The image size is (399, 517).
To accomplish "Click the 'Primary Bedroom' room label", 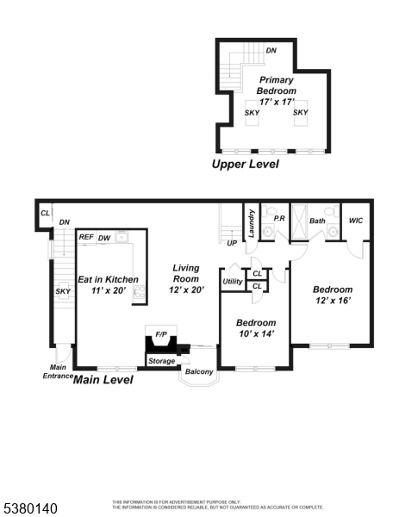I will pyautogui.click(x=277, y=85).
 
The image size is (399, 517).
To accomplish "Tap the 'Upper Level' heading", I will pyautogui.click(x=246, y=164).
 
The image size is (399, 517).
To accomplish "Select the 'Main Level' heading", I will pyautogui.click(x=103, y=378).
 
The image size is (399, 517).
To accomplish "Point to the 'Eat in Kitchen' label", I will pyautogui.click(x=108, y=279).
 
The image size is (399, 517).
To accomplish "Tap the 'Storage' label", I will pyautogui.click(x=161, y=360).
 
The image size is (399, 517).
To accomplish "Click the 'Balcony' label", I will pyautogui.click(x=199, y=372).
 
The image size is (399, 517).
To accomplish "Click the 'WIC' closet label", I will pyautogui.click(x=356, y=221).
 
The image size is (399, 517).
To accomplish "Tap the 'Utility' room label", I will pyautogui.click(x=233, y=281).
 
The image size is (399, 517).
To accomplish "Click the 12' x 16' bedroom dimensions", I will pyautogui.click(x=333, y=302).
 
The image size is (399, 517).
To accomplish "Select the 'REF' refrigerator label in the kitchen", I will pyautogui.click(x=86, y=237).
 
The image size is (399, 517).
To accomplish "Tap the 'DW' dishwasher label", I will pyautogui.click(x=103, y=237).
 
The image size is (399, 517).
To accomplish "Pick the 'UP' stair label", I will pyautogui.click(x=232, y=243).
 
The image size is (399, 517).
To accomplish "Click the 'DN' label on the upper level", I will pyautogui.click(x=271, y=51).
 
